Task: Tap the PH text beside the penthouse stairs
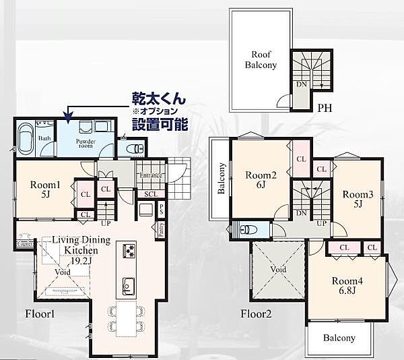pos(325,107)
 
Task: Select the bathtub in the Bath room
pos(28,139)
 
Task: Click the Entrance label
pos(149,175)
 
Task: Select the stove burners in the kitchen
pos(129,252)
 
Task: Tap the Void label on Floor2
pos(278,268)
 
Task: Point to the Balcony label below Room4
pos(339,338)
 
